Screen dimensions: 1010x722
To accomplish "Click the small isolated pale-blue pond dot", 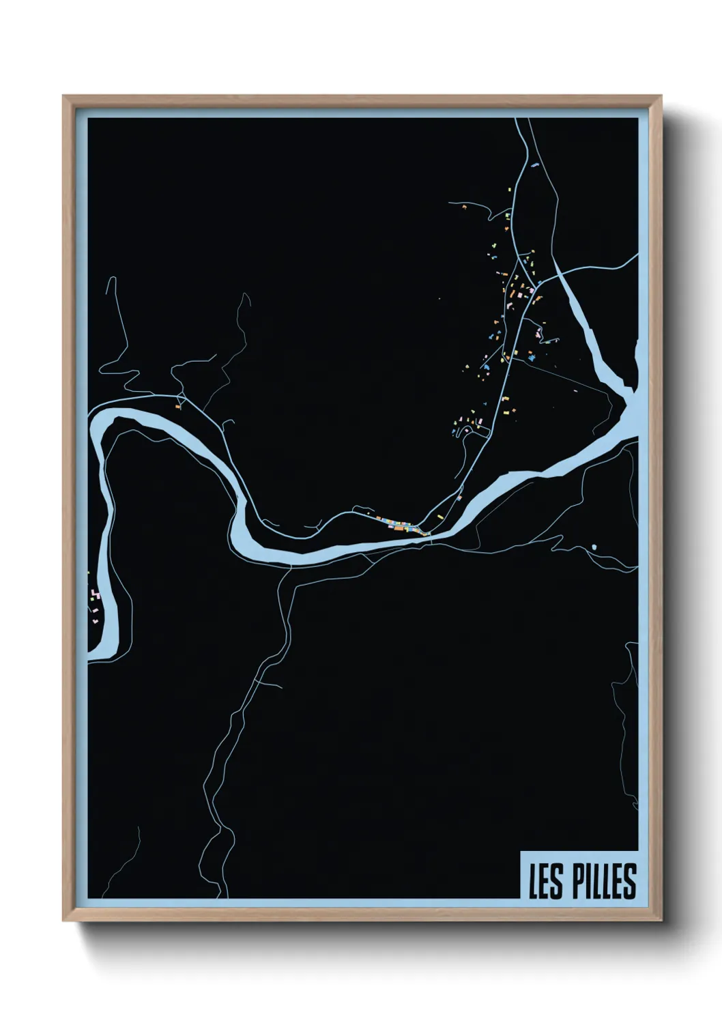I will pyautogui.click(x=594, y=547).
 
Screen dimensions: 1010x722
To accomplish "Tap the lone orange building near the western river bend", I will pyautogui.click(x=177, y=407).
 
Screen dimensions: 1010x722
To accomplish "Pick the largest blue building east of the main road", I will pyautogui.click(x=532, y=356).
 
